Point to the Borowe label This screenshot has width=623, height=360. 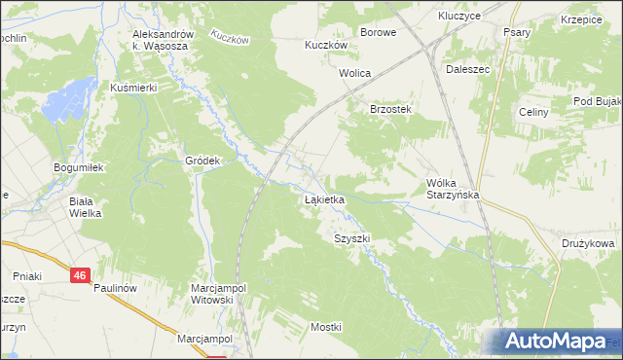coord(378,32)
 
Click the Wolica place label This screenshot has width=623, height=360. coord(355,73)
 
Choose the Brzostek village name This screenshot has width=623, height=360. coord(391,110)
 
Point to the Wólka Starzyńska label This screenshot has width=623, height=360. coord(456,189)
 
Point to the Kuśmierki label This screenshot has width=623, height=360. coord(133,88)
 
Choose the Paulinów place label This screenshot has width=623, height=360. coord(119,289)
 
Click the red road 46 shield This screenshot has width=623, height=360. coord(81,276)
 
